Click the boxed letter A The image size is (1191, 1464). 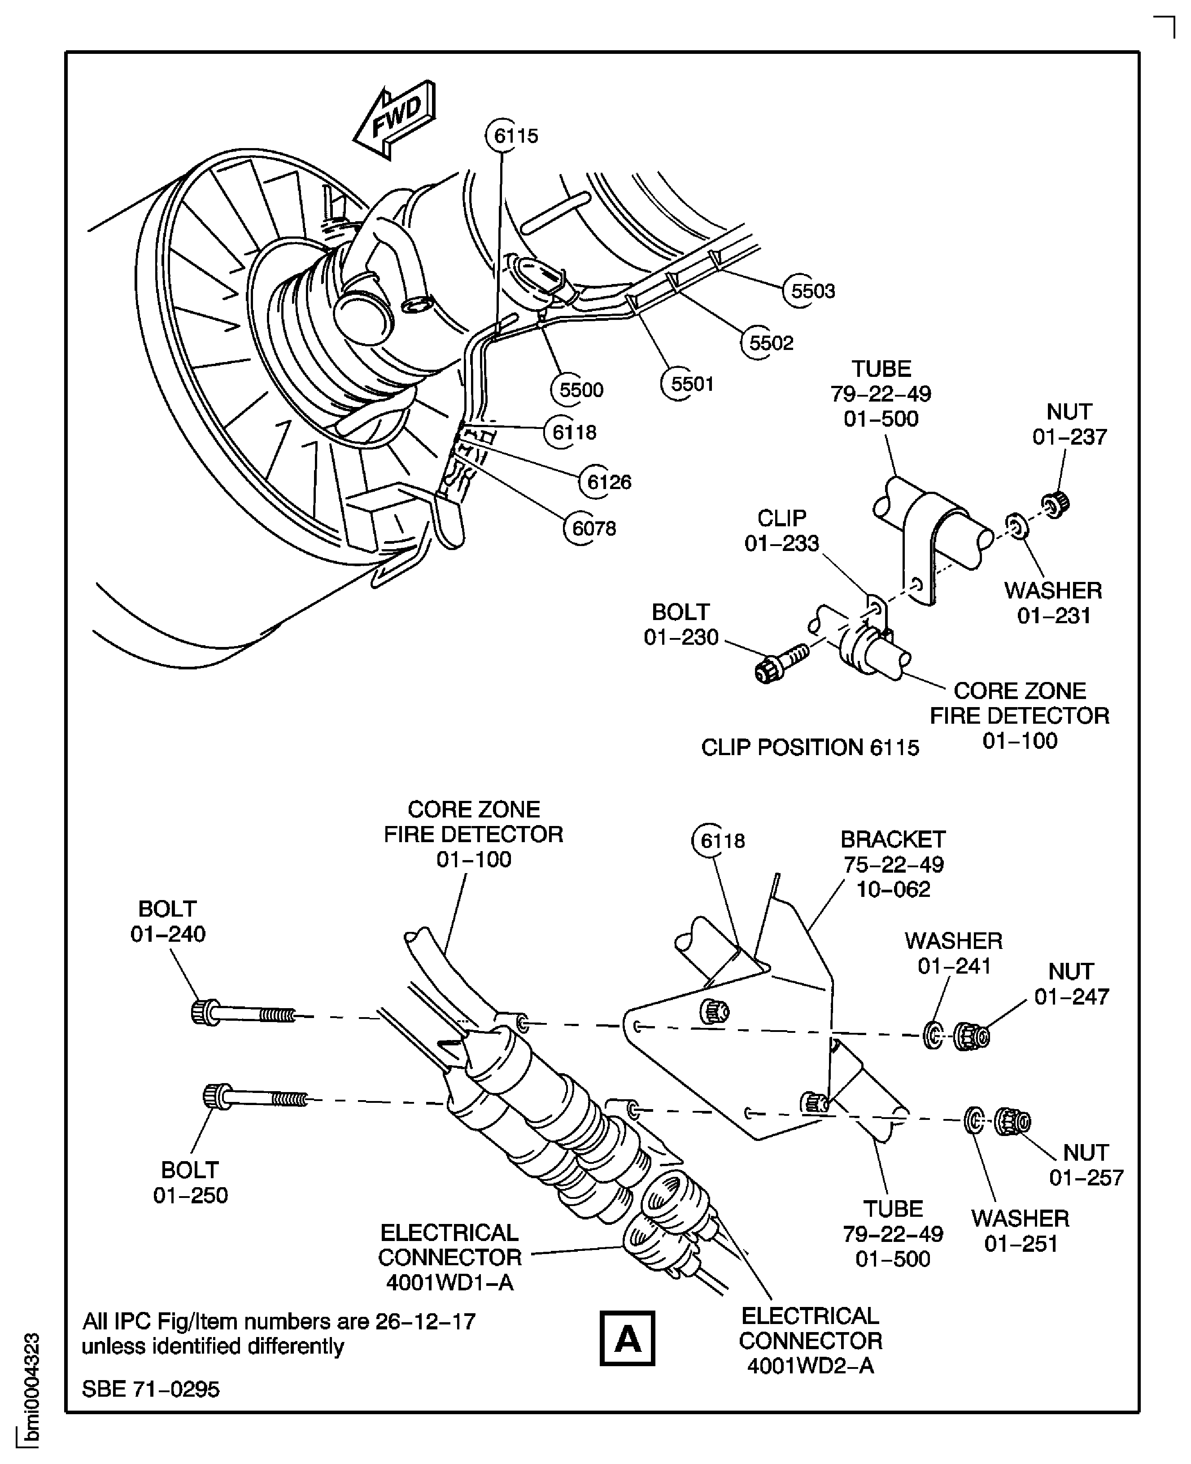click(x=627, y=1338)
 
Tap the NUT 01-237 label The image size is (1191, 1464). click(x=1069, y=424)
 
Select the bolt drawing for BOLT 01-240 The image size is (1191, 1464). click(x=244, y=1013)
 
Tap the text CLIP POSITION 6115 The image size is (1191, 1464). click(x=810, y=747)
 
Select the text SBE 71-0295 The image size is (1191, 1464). click(x=151, y=1389)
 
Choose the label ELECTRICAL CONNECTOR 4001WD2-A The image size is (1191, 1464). click(x=810, y=1341)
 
